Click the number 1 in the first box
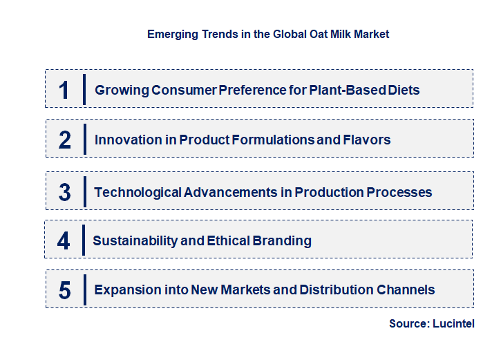point(64,90)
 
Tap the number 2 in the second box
point(65,140)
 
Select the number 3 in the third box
point(65,192)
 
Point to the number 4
point(64,240)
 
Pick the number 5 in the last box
point(65,290)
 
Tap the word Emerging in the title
point(170,34)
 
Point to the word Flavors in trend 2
point(366,140)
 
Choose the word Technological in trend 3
point(138,192)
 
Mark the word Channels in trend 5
point(406,290)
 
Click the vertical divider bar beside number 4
point(84,240)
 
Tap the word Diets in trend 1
point(403,90)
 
